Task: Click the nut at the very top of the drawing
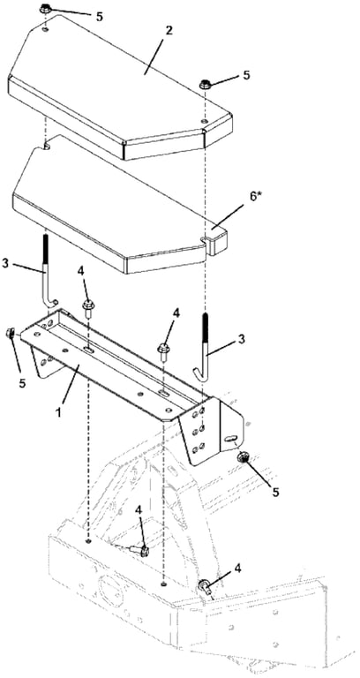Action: coord(45,9)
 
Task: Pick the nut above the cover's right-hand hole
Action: coord(206,84)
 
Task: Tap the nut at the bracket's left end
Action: coord(10,333)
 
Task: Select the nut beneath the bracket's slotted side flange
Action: coord(244,457)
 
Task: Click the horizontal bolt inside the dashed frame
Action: coord(139,551)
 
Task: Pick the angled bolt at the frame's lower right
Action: coord(206,588)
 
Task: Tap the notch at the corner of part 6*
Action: coord(204,237)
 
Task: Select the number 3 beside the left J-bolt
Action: coord(5,263)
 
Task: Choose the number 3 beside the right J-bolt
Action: coord(241,339)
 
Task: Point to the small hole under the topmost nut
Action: coord(46,29)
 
